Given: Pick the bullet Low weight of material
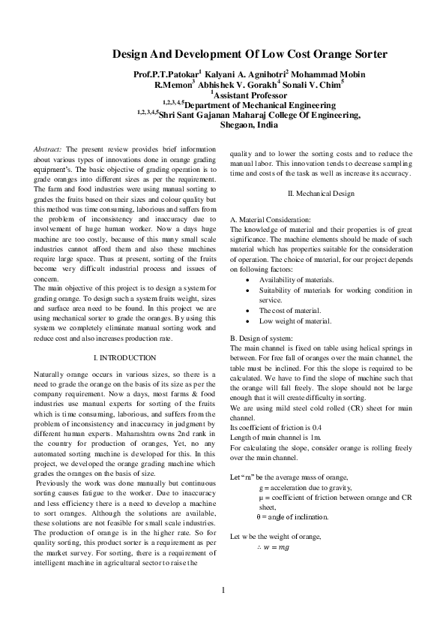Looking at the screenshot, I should [295, 321].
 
